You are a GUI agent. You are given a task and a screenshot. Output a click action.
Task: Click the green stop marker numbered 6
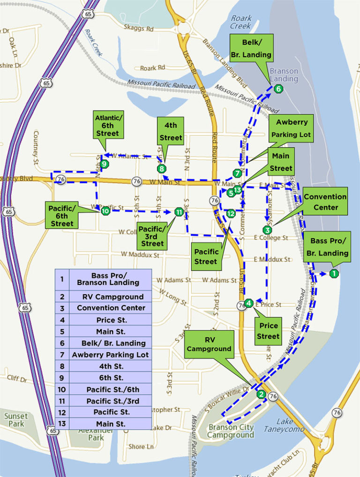(x=278, y=89)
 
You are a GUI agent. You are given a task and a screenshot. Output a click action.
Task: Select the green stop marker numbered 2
(x=261, y=394)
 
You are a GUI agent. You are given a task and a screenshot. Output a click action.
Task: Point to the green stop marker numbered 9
(x=104, y=164)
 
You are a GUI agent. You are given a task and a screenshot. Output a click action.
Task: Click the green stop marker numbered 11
(x=178, y=212)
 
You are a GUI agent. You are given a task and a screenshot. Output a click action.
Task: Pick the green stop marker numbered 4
(x=249, y=303)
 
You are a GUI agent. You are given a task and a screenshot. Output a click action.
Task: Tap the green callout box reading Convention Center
(x=325, y=202)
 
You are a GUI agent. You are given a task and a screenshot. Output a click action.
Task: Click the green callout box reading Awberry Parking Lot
(x=292, y=129)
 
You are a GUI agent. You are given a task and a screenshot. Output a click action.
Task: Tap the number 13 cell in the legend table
(x=62, y=424)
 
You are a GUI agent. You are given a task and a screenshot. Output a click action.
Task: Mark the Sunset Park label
(x=17, y=419)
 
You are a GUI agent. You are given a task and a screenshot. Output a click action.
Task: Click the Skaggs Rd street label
(x=139, y=29)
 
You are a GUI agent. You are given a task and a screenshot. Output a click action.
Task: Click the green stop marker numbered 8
(x=162, y=168)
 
